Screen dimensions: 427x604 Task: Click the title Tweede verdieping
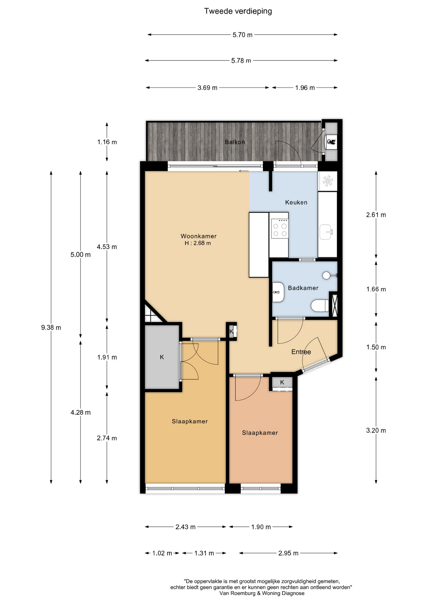click(238, 11)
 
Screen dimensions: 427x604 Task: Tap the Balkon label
click(235, 142)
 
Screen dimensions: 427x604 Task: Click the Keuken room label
click(296, 202)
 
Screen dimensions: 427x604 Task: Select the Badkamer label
click(303, 288)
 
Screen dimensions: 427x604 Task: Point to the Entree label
click(301, 352)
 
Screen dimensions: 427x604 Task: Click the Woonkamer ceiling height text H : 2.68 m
click(198, 243)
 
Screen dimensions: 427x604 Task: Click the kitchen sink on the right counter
click(326, 232)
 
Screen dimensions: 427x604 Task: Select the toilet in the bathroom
click(320, 305)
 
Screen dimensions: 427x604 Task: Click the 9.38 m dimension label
click(51, 327)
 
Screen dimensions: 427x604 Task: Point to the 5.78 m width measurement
click(241, 60)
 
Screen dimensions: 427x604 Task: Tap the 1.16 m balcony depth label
click(107, 142)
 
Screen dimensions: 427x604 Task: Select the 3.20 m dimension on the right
click(376, 430)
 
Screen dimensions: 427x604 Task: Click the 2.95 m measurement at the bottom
click(288, 553)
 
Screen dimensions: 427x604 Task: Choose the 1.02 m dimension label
click(162, 553)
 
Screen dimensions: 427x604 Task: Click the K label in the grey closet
click(162, 357)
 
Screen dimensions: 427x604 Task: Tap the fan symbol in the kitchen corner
click(328, 181)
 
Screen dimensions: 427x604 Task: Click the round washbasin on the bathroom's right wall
click(327, 275)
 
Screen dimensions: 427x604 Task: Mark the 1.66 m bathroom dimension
click(376, 289)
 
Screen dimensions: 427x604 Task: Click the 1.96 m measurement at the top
click(305, 88)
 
